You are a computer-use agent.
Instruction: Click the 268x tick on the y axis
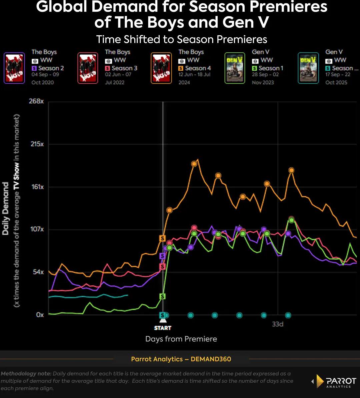click(x=36, y=101)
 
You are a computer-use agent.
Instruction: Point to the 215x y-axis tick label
click(x=37, y=144)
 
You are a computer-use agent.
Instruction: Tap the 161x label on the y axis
click(x=37, y=187)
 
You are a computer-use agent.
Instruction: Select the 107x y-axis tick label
click(x=37, y=229)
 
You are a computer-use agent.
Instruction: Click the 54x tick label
click(x=38, y=272)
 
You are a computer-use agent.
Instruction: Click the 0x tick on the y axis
click(x=40, y=315)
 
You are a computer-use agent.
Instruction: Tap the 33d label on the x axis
click(x=277, y=324)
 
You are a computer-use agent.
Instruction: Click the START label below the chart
click(x=163, y=328)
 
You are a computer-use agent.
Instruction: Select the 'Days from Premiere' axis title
click(x=181, y=339)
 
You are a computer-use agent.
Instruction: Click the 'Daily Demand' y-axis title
click(x=6, y=208)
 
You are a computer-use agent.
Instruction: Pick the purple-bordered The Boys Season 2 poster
click(x=14, y=68)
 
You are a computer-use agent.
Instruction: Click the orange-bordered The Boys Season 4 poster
click(x=161, y=68)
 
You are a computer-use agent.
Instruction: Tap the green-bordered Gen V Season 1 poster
click(x=235, y=68)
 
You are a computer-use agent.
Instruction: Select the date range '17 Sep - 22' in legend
click(x=338, y=75)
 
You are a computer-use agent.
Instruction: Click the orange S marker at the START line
click(x=162, y=238)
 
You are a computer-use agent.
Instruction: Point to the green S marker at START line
click(x=162, y=296)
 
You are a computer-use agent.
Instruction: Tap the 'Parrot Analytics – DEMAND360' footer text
click(x=181, y=359)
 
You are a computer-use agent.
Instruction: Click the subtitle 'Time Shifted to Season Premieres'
click(x=182, y=39)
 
